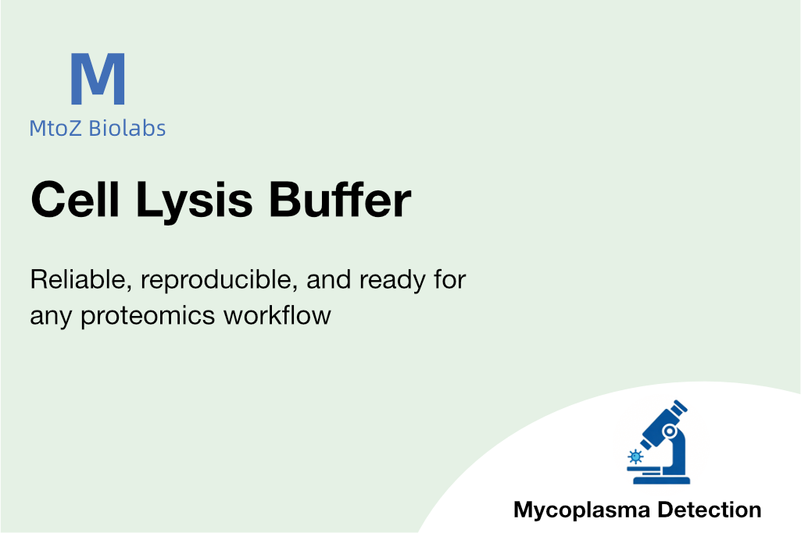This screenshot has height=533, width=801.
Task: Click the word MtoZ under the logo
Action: (55, 128)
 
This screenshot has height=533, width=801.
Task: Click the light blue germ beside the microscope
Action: (635, 454)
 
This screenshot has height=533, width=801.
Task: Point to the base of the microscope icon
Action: (661, 479)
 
